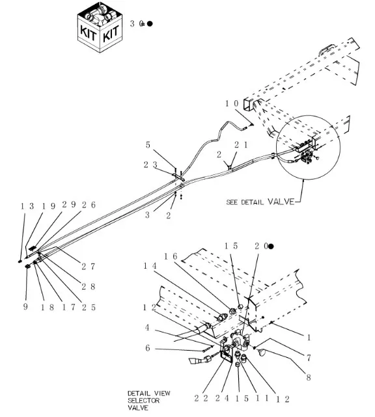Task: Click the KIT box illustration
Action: point(100,27)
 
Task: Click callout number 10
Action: point(232,103)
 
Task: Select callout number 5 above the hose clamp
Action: point(148,145)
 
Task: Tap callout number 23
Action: point(150,165)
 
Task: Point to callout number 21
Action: point(241,144)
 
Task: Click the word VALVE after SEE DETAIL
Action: point(281,201)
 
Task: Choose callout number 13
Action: point(27,206)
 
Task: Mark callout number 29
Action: point(69,204)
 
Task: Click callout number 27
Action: point(88,266)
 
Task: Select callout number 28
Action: point(88,286)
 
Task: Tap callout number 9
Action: point(25,306)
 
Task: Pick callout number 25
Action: point(89,308)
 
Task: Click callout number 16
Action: point(171,256)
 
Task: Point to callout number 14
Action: point(150,265)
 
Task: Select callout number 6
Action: point(148,348)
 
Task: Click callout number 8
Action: point(309,377)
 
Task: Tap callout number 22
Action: point(201,398)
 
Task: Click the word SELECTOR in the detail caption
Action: point(143,401)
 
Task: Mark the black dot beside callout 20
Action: point(271,247)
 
